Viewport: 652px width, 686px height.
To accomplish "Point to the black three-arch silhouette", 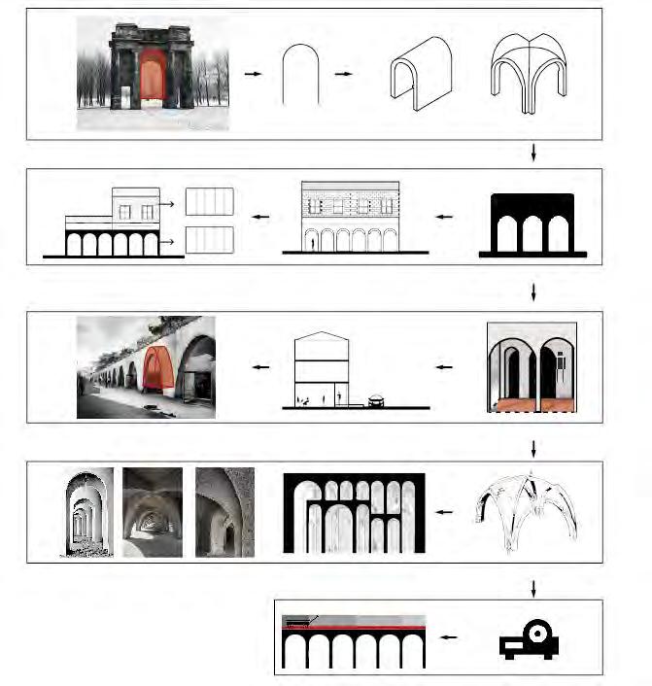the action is tap(532, 225).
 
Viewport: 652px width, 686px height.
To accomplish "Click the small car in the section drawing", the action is tap(375, 397).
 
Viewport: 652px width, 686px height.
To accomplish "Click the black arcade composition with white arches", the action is tap(354, 512).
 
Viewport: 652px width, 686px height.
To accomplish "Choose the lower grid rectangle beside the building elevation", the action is tap(209, 240).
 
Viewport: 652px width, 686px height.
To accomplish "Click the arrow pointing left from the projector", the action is tap(448, 638).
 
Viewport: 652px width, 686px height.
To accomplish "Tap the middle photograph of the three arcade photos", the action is tap(153, 512).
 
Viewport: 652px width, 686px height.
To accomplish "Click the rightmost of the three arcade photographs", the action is tap(224, 512).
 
